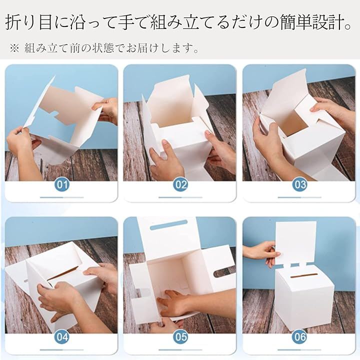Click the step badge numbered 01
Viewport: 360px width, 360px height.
coord(62,184)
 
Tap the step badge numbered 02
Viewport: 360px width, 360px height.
coord(180,184)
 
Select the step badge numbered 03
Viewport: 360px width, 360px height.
coord(300,184)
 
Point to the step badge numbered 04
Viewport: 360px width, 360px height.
coord(62,337)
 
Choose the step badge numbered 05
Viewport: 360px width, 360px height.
coord(180,337)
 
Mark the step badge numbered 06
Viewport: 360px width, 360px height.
coord(300,337)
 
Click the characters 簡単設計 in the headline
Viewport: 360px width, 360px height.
coord(312,22)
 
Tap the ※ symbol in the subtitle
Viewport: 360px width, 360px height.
coord(14,48)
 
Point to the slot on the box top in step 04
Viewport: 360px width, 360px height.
coord(63,273)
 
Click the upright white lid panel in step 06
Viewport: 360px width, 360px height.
coord(295,242)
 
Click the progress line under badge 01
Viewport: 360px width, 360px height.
coord(62,197)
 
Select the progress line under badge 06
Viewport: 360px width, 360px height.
coord(299,350)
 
